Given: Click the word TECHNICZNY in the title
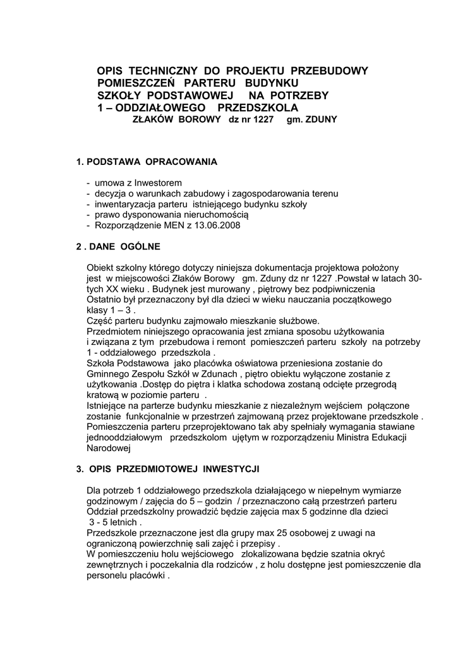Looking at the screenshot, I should coord(157,71).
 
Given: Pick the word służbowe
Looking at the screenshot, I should coord(299,320).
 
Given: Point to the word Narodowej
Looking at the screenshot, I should coord(108,447).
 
